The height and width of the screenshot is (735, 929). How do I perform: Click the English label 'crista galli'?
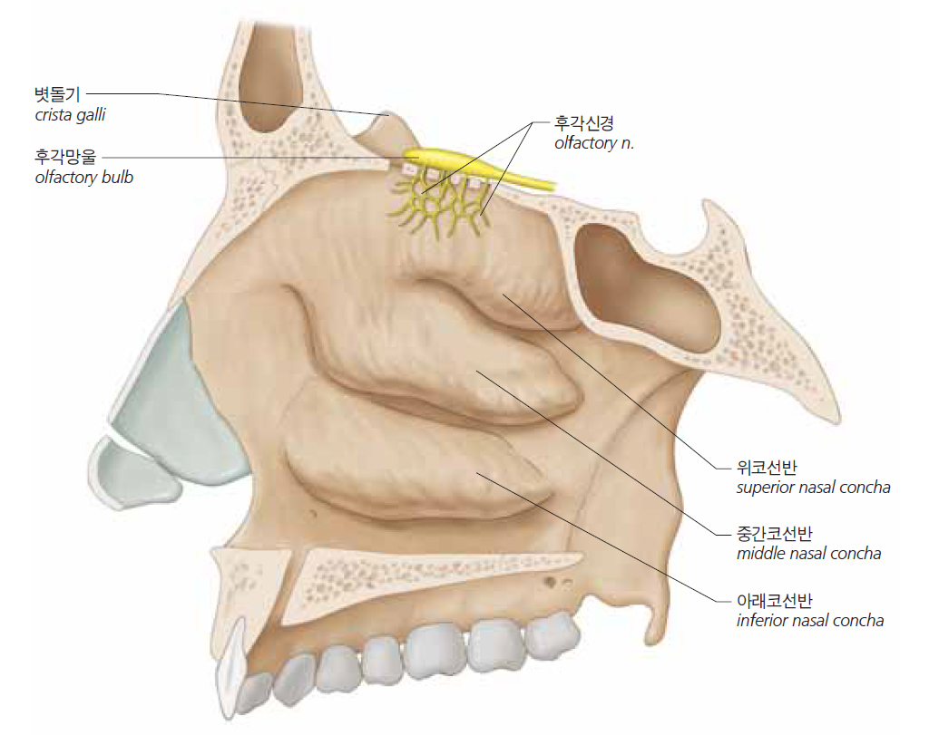point(70,115)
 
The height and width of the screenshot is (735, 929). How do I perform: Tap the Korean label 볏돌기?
point(57,94)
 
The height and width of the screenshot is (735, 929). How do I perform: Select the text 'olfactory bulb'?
point(83,178)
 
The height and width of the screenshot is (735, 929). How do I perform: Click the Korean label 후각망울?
point(64,157)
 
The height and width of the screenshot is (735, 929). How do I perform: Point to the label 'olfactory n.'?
point(593,143)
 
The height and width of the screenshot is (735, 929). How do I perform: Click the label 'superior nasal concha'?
point(813,488)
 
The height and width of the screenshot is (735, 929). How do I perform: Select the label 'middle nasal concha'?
point(808,554)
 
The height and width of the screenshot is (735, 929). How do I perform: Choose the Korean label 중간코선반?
point(774,534)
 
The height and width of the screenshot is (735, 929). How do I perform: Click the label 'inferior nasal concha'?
point(810,621)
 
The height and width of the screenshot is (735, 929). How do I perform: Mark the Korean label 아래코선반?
point(774,601)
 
